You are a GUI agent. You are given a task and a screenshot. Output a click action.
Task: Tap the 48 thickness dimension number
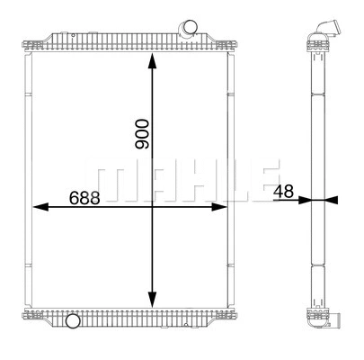tap(284, 191)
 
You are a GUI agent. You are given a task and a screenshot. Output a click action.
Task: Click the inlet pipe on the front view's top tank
tap(190, 30)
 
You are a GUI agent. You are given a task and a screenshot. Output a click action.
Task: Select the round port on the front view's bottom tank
tap(72, 319)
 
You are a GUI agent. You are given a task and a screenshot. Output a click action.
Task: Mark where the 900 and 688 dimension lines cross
tap(152, 206)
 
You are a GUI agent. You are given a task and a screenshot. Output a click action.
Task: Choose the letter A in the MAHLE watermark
tap(148, 181)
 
